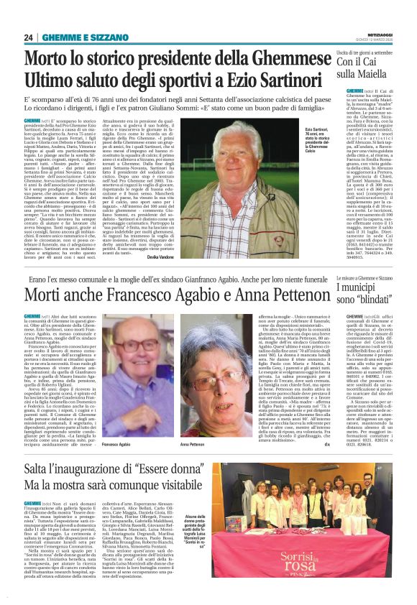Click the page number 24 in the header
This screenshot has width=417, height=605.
click(x=29, y=37)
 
